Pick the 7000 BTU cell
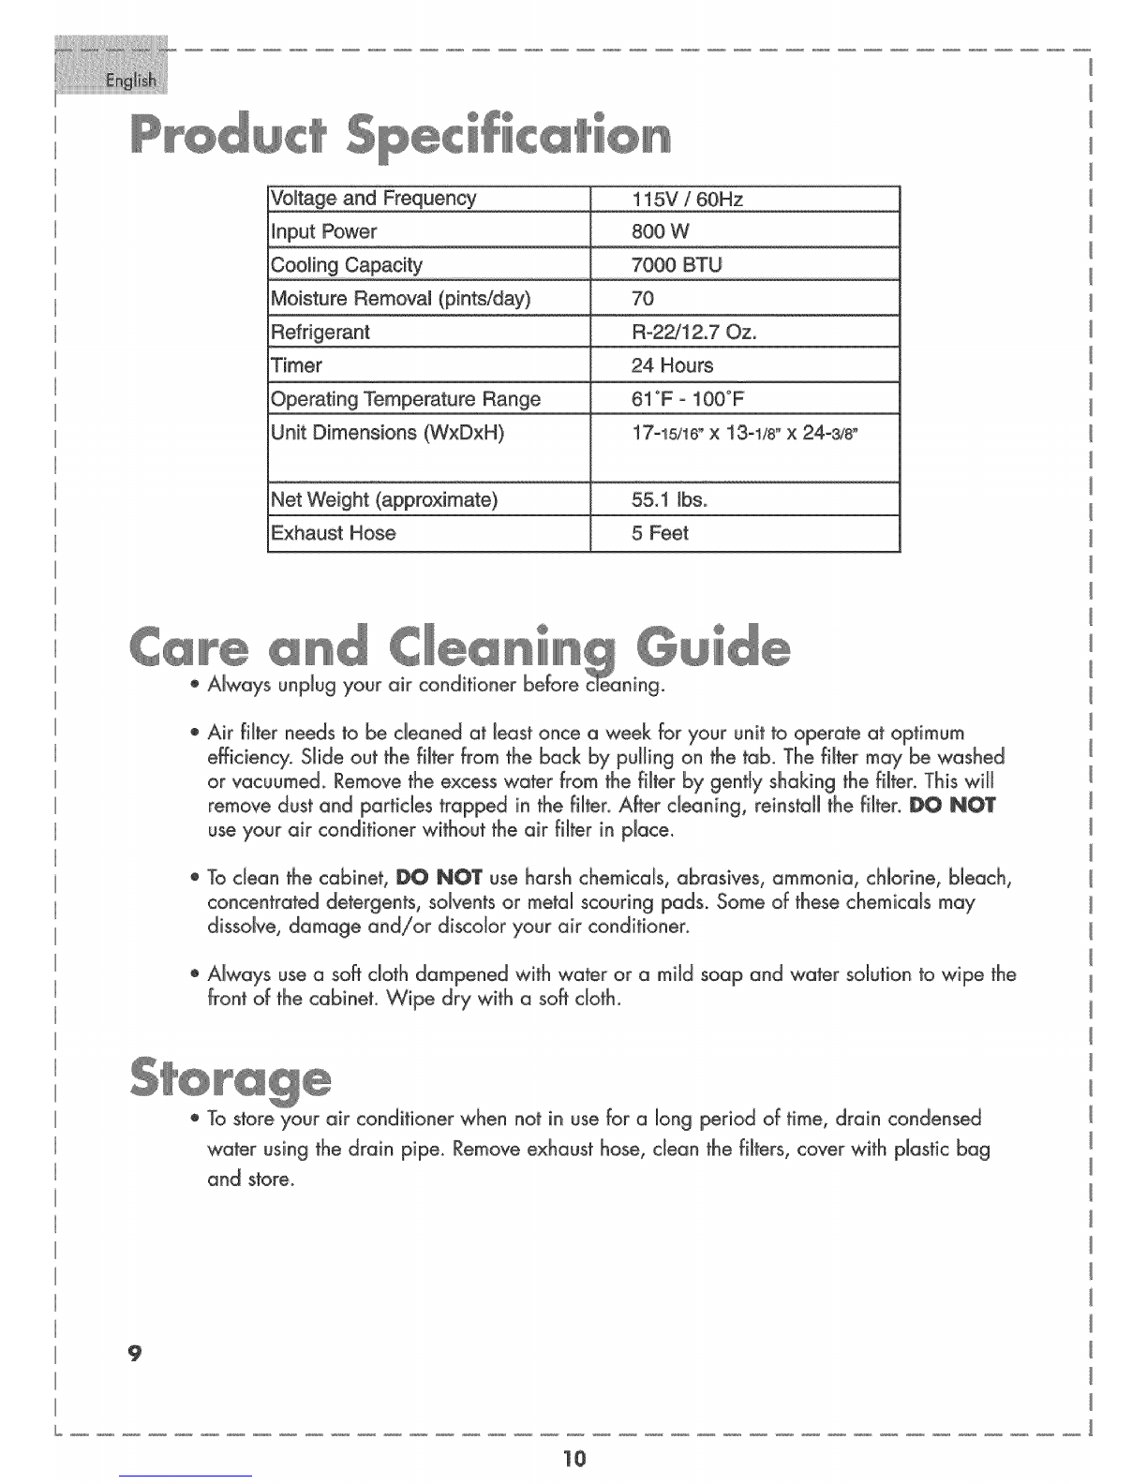(x=677, y=265)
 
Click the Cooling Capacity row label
(x=346, y=265)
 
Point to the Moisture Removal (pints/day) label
(x=400, y=299)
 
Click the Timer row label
(x=296, y=365)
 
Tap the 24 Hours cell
(x=672, y=365)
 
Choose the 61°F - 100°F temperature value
(x=688, y=399)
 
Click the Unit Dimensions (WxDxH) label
(x=387, y=433)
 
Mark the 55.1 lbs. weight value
(x=669, y=499)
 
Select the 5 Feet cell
(x=660, y=533)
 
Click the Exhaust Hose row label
(x=333, y=533)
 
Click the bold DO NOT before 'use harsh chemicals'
(x=439, y=879)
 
